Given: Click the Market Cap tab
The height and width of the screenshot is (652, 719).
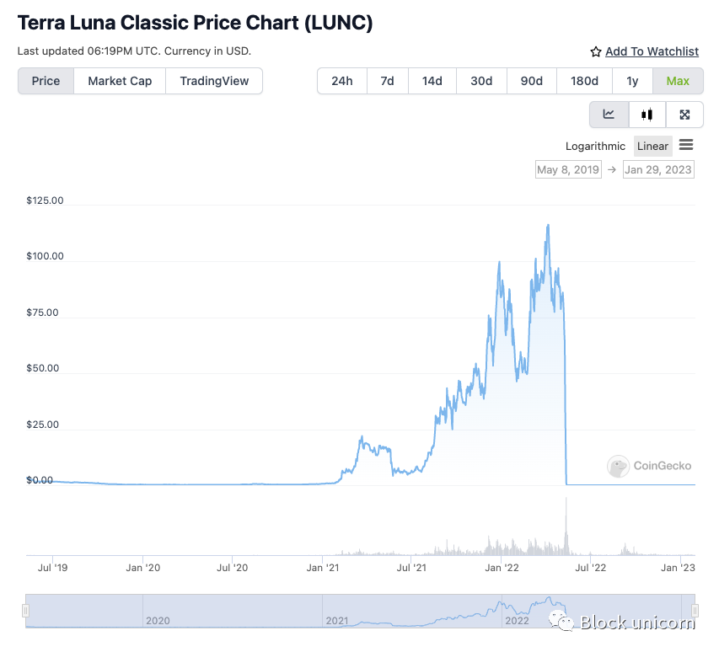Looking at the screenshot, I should click(x=120, y=81).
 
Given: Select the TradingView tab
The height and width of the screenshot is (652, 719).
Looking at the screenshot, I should click(x=214, y=81).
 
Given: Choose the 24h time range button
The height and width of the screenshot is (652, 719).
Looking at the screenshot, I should click(x=342, y=81).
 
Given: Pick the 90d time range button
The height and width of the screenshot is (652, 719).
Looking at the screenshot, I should click(x=531, y=81).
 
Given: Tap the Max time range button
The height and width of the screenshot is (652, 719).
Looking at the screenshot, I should click(x=678, y=81).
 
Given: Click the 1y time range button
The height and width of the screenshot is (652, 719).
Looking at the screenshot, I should click(x=632, y=81).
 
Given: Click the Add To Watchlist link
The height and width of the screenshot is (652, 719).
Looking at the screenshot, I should click(x=652, y=51).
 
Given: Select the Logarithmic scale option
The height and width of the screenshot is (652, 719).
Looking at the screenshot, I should click(x=596, y=146).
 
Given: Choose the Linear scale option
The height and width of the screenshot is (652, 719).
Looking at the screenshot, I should click(x=652, y=146).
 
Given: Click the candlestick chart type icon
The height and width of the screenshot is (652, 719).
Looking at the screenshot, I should click(x=647, y=115).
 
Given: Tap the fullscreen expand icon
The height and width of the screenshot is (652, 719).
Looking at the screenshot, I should click(x=684, y=115).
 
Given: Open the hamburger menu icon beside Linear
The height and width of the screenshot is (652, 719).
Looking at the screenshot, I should click(x=686, y=145).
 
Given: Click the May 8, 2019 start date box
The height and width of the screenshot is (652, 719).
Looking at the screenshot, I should click(x=568, y=169).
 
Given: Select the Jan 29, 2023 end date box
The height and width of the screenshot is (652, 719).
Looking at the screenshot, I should click(x=658, y=169).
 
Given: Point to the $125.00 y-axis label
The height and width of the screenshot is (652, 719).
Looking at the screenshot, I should click(x=46, y=200).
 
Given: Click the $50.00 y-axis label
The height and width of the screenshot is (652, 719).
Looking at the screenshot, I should click(x=44, y=368).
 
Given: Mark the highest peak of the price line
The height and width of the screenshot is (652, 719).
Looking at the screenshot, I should click(x=549, y=225).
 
